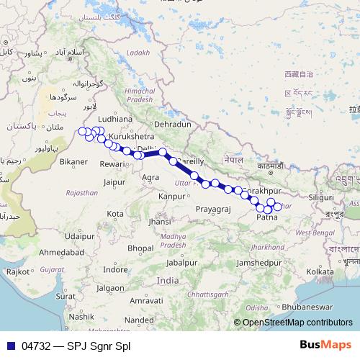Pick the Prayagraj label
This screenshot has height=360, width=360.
[212, 209]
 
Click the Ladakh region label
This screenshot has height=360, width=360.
[138, 53]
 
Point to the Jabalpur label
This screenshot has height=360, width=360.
[180, 263]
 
